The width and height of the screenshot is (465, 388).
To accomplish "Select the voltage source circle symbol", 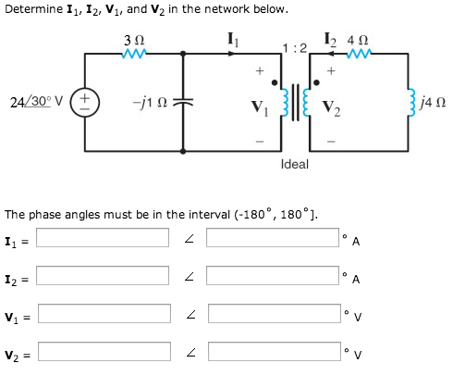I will [x=87, y=99].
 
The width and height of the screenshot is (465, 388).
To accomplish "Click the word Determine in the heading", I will [x=32, y=10].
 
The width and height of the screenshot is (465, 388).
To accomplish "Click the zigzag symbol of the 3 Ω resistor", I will [x=135, y=53].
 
